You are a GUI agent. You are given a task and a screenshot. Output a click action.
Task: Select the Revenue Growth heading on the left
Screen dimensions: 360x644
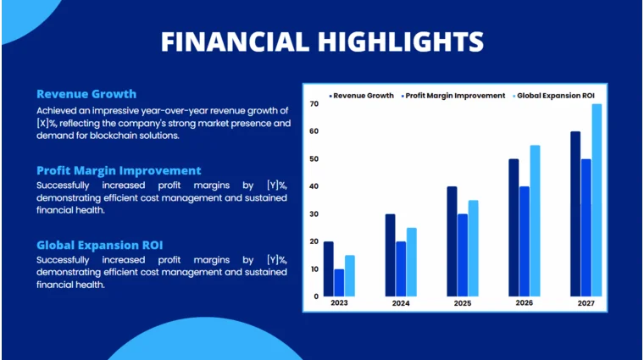tap(86, 94)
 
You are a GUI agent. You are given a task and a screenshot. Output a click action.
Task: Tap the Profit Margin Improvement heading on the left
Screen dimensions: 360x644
tap(119, 170)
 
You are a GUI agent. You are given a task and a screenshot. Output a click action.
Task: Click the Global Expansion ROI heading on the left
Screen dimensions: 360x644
tap(99, 245)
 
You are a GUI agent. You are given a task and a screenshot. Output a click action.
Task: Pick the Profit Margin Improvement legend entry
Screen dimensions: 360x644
tap(454, 96)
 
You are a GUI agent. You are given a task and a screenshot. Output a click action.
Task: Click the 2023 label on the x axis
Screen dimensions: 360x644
tap(338, 303)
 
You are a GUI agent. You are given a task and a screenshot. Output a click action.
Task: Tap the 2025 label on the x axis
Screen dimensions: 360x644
tap(462, 303)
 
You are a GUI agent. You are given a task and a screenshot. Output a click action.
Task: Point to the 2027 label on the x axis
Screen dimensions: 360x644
tap(586, 303)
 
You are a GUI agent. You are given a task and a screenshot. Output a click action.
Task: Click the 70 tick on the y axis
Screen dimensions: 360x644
tap(314, 103)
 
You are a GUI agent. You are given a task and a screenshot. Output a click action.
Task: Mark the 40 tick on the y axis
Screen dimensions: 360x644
tap(314, 186)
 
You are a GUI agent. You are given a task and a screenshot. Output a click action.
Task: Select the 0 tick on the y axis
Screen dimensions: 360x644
tap(316, 296)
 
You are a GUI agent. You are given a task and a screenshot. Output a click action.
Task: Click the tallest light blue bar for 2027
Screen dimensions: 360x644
tap(597, 200)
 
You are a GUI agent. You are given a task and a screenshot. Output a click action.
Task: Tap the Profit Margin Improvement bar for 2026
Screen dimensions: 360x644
tap(524, 241)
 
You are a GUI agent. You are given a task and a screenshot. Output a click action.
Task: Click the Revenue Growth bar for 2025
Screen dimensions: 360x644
tap(452, 241)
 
